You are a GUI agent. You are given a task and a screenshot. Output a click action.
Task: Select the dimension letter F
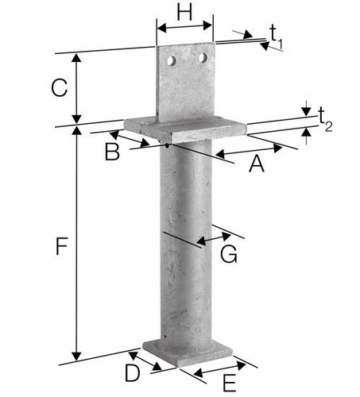pos(61,246)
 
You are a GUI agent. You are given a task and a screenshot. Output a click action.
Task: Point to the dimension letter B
pos(112,152)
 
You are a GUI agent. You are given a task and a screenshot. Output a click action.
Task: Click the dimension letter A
pos(257,164)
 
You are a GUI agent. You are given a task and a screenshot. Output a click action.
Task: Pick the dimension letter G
pos(229,254)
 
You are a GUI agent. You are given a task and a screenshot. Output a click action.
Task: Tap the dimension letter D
pos(132,373)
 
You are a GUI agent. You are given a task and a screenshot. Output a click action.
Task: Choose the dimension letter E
pos(230,384)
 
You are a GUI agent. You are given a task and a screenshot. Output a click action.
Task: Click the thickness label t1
pos(277,37)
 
